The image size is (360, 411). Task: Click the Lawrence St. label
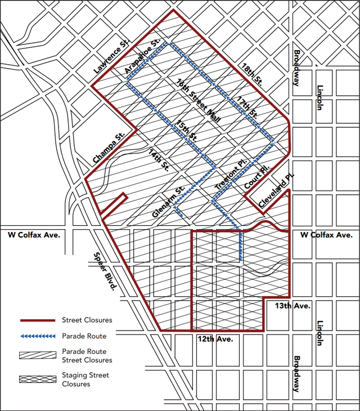pos(110,59)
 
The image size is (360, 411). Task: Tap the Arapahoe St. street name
pos(139,55)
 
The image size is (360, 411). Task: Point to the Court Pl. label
pos(257,177)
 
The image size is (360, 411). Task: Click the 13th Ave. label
pos(293,306)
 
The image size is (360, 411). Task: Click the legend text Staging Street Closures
pos(86,379)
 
